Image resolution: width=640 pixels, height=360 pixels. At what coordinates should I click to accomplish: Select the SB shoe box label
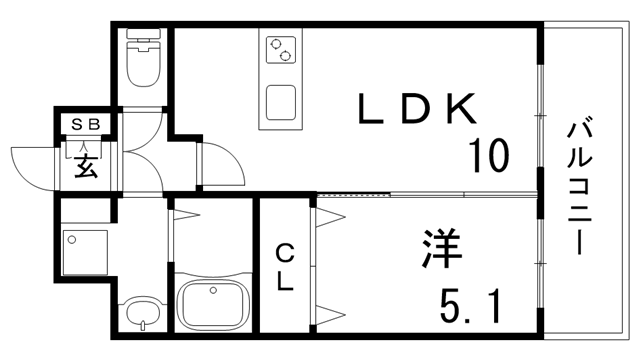click(x=86, y=124)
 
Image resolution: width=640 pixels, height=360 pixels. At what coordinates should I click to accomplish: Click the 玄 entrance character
click(x=86, y=165)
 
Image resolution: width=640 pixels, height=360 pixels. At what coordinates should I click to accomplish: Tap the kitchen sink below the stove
click(x=281, y=103)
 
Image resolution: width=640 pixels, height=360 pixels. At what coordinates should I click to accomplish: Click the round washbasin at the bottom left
click(x=143, y=312)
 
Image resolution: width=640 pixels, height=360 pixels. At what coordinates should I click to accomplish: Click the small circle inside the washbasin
click(x=143, y=322)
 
